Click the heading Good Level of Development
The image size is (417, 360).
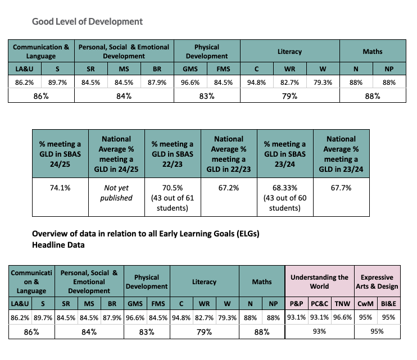tap(87, 21)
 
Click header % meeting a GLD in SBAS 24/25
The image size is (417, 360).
tap(60, 154)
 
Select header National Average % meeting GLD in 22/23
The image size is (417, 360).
tap(229, 154)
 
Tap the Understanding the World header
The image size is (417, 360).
tap(319, 282)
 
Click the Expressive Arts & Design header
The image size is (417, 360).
tap(379, 282)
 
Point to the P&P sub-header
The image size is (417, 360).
tap(296, 303)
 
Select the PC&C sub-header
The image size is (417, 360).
tap(319, 303)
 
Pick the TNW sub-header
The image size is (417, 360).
tap(342, 303)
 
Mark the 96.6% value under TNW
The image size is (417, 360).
tap(342, 318)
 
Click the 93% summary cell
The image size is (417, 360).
tap(319, 331)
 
